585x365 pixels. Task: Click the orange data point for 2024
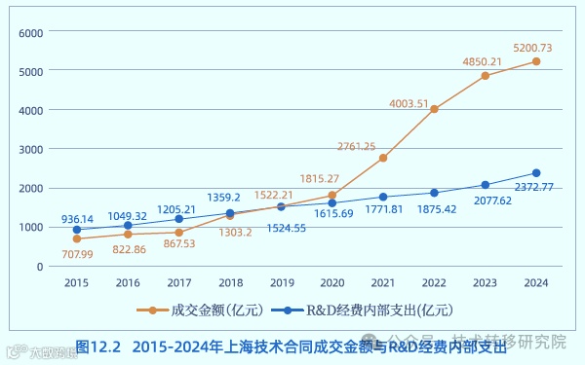[x=535, y=61]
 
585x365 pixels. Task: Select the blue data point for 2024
[x=535, y=173]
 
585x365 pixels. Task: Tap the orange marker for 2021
[x=383, y=158]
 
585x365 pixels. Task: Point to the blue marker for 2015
[x=77, y=230]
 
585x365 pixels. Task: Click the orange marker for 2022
[x=434, y=109]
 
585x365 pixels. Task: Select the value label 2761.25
[x=357, y=147]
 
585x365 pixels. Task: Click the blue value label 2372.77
[x=533, y=187]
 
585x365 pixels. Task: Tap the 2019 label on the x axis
[x=281, y=282]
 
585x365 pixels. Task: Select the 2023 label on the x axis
[x=485, y=282]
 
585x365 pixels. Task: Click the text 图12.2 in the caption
[x=97, y=346]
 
